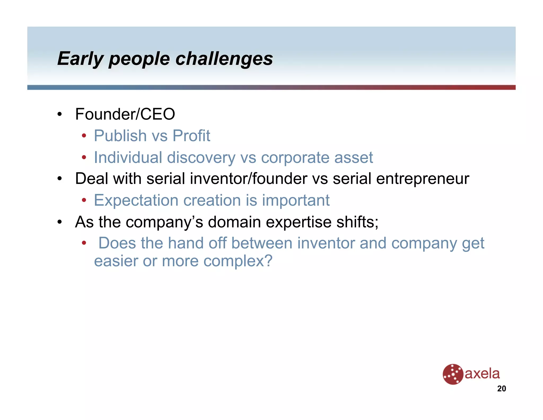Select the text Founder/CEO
[125, 114]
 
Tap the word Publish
[120, 136]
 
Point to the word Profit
[191, 136]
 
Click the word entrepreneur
[423, 179]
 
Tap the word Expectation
[136, 200]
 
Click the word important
[296, 200]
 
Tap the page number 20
[501, 389]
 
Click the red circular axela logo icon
[453, 374]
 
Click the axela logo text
[482, 374]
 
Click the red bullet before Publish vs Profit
[84, 136]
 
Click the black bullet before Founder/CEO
[60, 114]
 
